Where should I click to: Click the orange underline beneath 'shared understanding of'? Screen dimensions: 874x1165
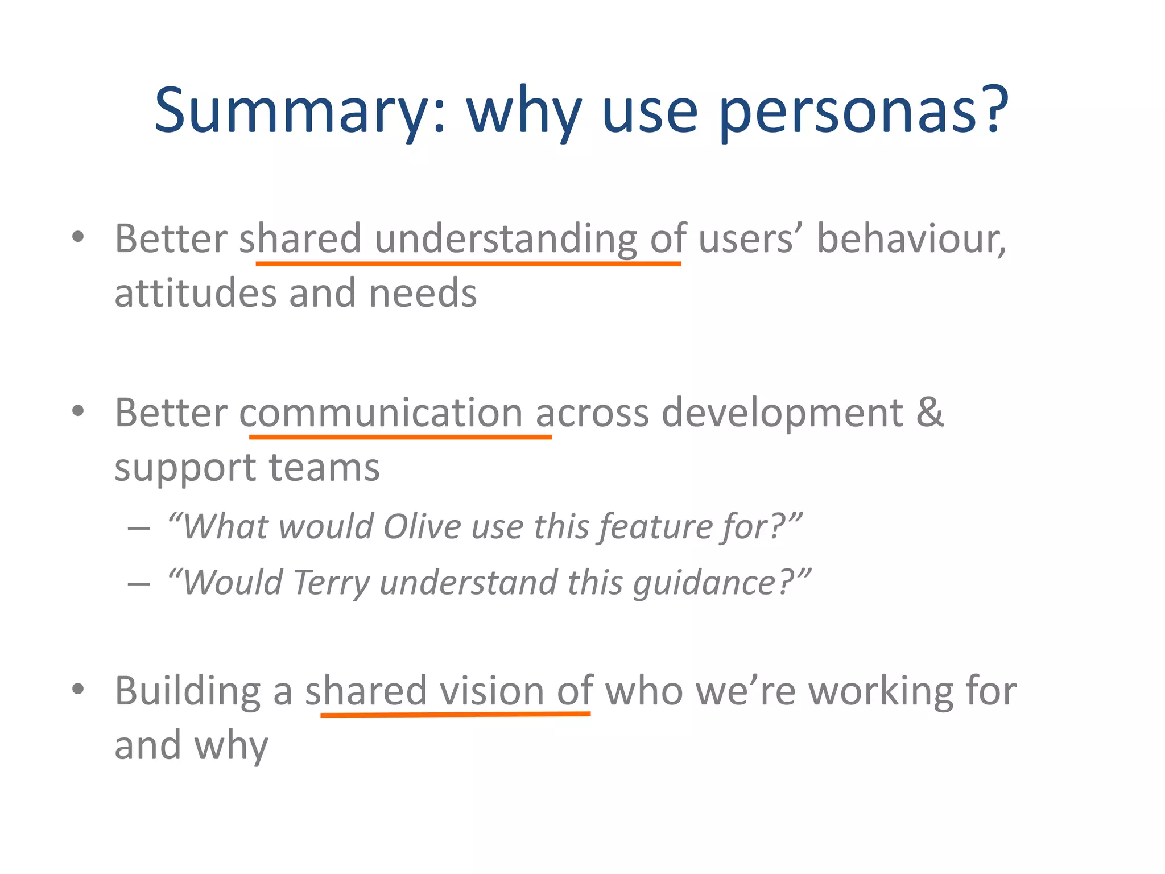click(x=468, y=264)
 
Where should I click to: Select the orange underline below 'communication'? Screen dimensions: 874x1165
click(x=400, y=437)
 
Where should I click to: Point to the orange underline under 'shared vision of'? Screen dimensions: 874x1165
click(x=455, y=714)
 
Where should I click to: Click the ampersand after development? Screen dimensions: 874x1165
click(x=929, y=412)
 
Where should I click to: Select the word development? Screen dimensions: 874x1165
click(x=782, y=413)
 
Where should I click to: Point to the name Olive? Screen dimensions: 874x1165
click(x=422, y=526)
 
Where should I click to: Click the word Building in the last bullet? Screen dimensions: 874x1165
click(x=188, y=691)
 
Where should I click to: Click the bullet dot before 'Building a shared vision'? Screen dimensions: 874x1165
click(x=79, y=689)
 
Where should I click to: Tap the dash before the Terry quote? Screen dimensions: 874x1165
click(x=139, y=584)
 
